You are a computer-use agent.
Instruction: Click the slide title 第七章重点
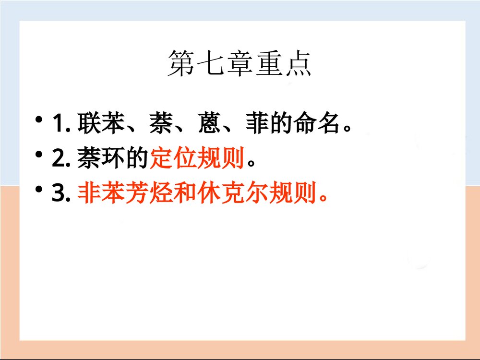coord(240,64)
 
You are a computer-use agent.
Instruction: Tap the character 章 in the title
coord(240,64)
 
